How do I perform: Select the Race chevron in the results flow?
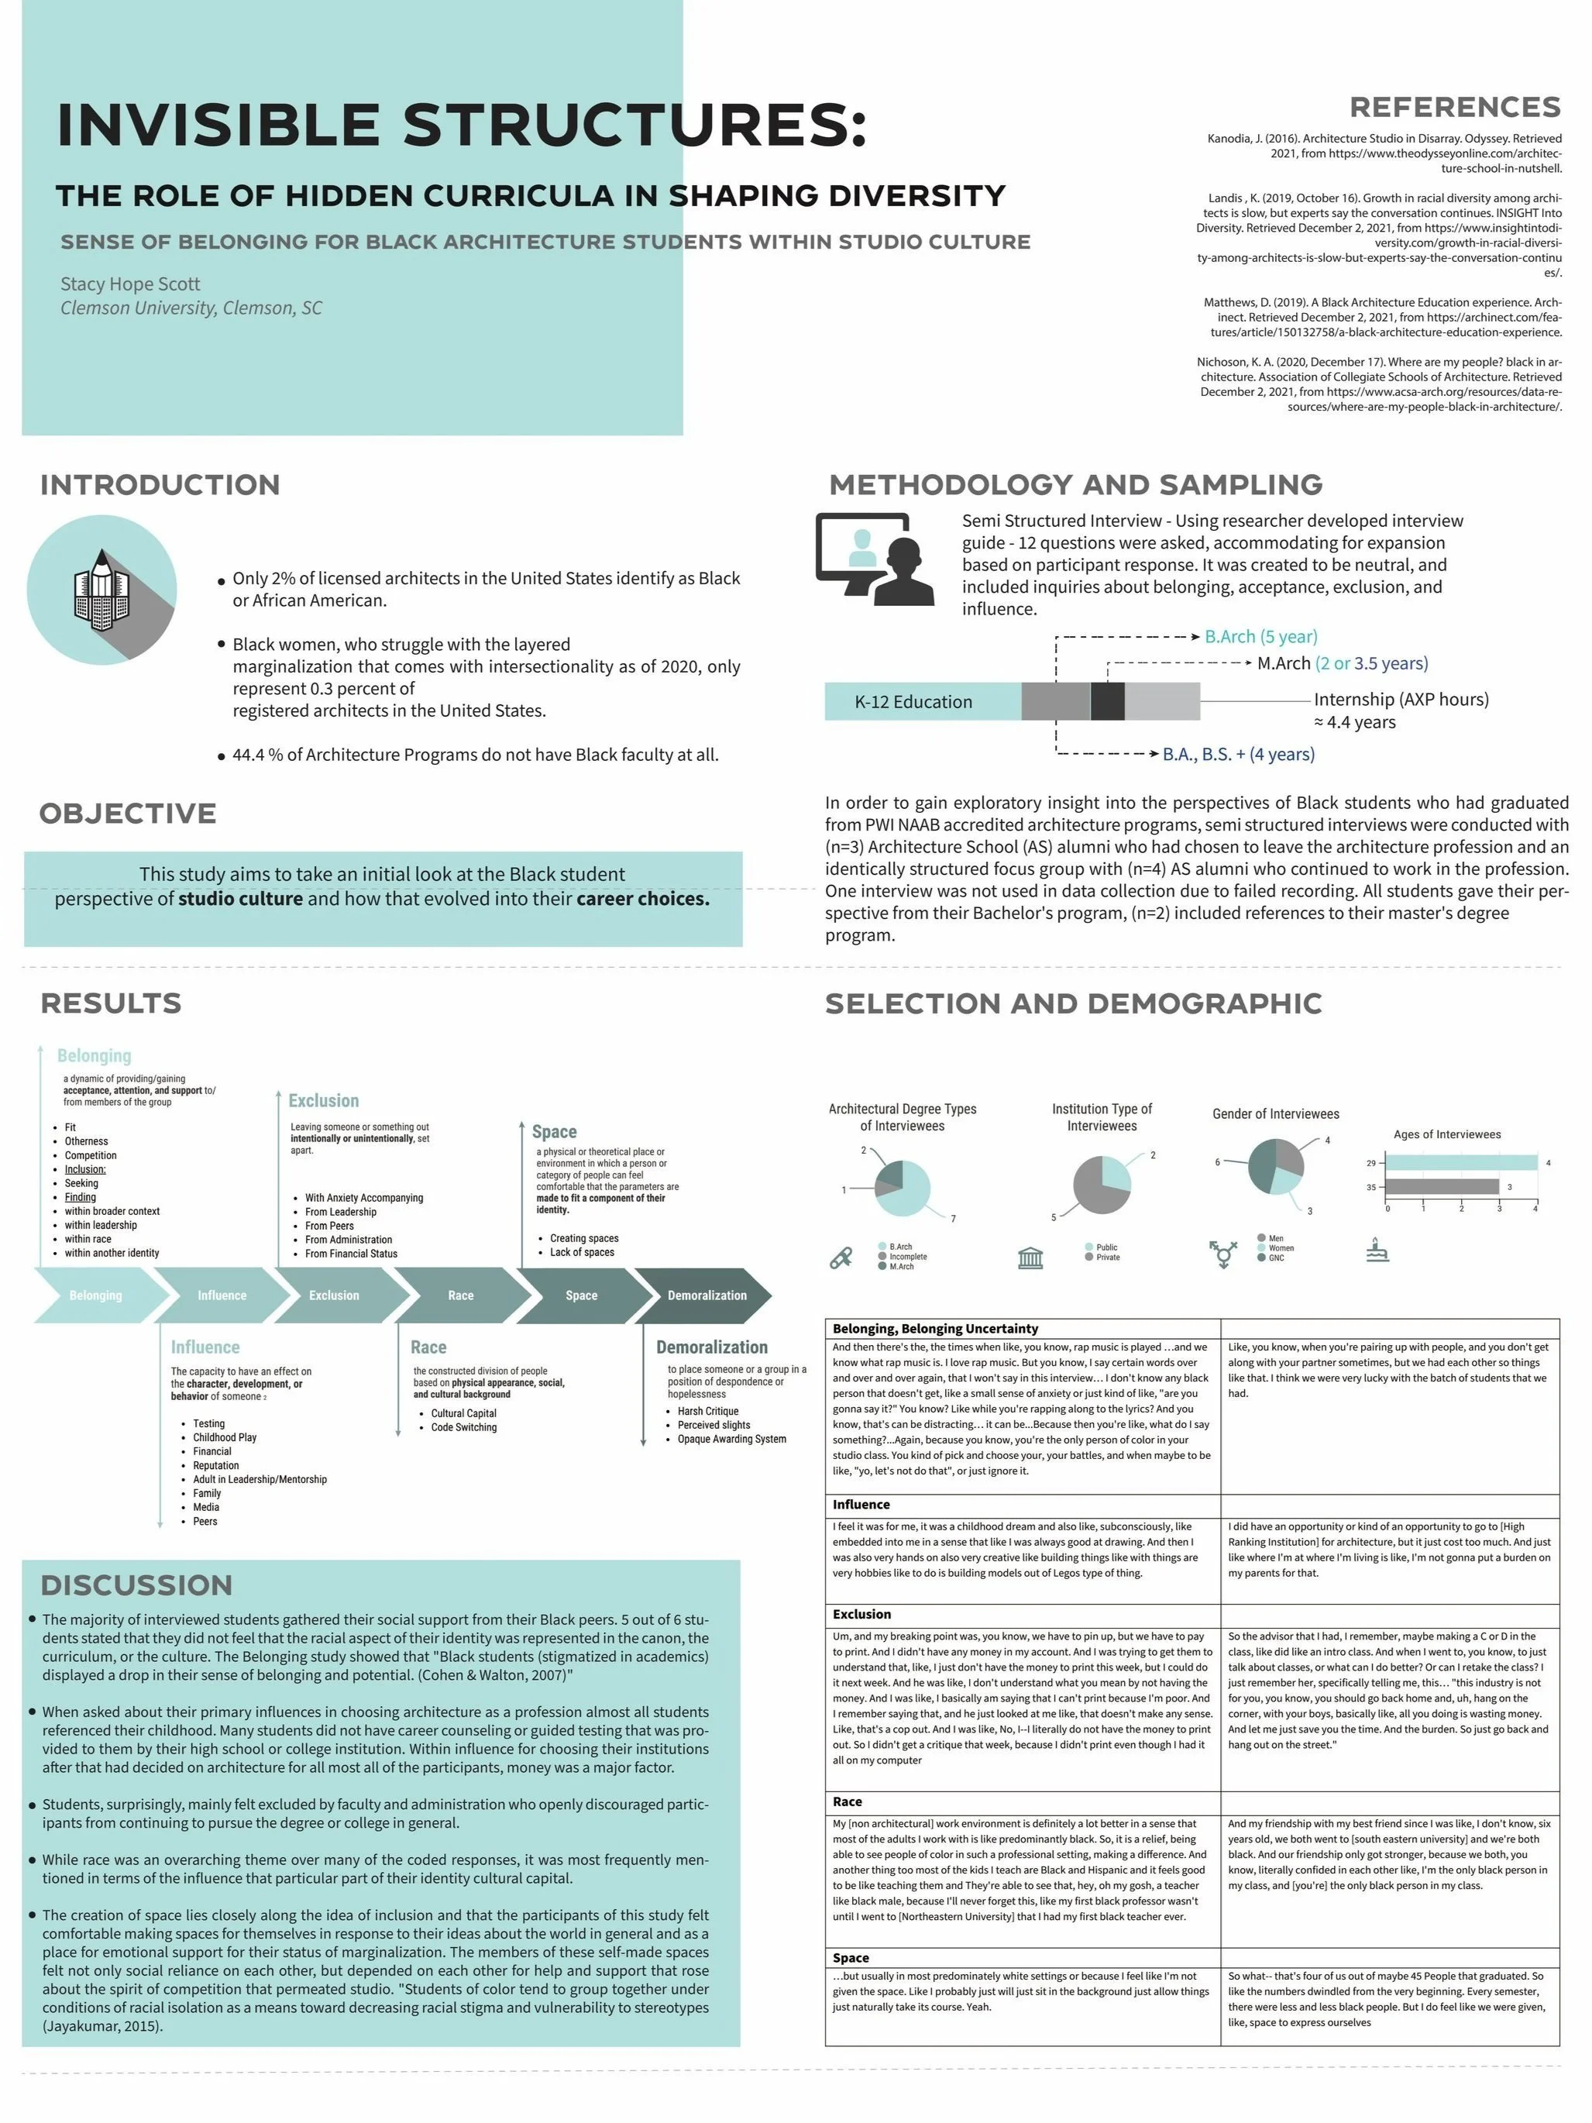click(461, 1295)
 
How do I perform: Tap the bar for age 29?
click(1460, 1162)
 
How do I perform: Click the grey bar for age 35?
click(1442, 1186)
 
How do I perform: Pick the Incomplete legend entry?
click(907, 1256)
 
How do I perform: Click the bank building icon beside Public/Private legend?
click(1030, 1256)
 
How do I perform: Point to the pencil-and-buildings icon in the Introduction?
click(101, 590)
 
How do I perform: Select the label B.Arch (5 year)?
click(1260, 636)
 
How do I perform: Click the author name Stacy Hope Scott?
click(130, 284)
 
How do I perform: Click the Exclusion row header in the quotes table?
click(861, 1614)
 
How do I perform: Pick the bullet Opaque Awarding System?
click(731, 1439)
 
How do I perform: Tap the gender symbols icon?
click(1222, 1253)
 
